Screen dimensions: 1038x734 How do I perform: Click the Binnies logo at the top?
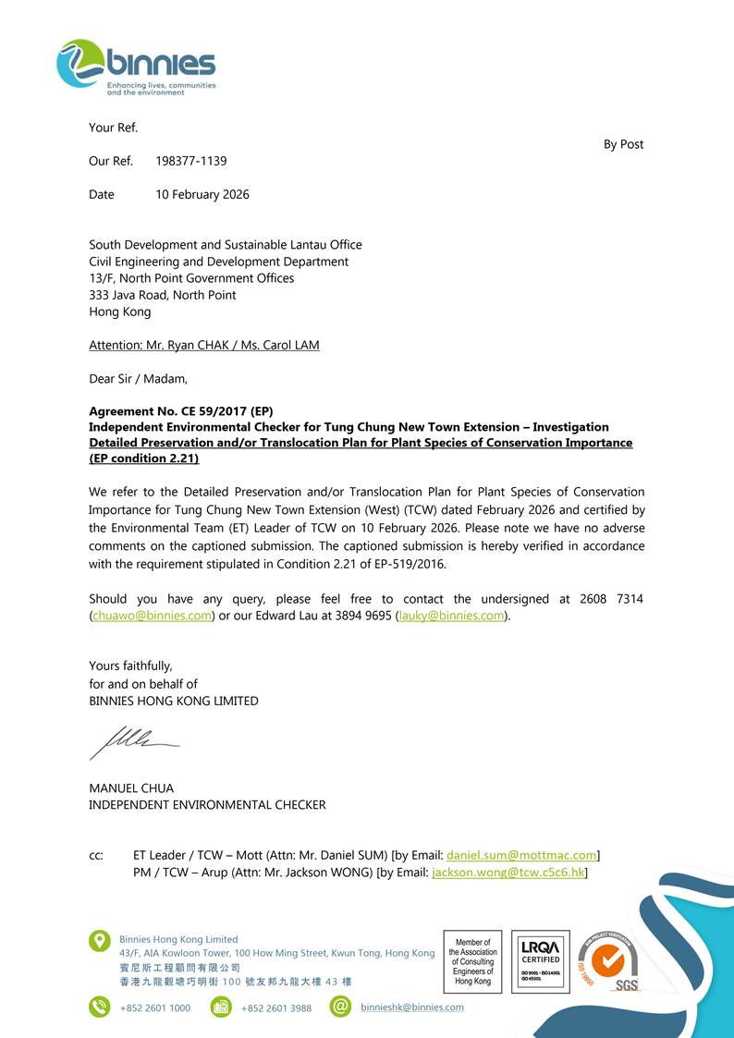[136, 67]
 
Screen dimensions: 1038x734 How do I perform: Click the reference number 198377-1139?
[190, 161]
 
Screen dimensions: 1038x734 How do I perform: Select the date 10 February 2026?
[202, 194]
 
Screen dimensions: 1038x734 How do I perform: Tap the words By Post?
[623, 144]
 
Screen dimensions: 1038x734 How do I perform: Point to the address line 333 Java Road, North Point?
[162, 295]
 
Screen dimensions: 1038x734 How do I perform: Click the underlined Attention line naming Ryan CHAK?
[203, 345]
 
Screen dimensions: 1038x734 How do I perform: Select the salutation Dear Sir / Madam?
[138, 378]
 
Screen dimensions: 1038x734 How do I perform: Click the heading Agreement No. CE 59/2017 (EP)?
[180, 411]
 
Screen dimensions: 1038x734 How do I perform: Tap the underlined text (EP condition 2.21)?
[143, 458]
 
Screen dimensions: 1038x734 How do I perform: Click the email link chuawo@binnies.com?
[153, 616]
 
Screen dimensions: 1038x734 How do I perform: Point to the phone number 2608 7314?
[611, 599]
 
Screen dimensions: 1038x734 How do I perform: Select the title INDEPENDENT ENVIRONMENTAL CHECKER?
[207, 805]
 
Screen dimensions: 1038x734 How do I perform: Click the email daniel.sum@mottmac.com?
[521, 856]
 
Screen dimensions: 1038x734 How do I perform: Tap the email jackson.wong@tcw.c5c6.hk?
[508, 873]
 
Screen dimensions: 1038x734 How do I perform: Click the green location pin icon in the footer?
[100, 941]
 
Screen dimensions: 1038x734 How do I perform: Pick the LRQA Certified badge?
[540, 961]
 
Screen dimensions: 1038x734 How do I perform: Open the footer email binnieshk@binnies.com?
[412, 1007]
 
